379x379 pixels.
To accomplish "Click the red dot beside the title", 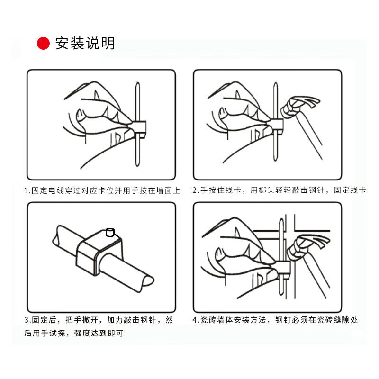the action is pos(43,44).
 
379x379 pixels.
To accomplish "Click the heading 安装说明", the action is pos(85,44).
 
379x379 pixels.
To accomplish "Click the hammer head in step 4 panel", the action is pos(309,247).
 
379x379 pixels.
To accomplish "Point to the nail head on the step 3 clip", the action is pos(110,232).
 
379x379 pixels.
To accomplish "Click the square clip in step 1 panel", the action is pos(139,128).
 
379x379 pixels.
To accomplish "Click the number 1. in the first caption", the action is pos(27,191).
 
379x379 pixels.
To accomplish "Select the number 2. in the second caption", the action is pos(196,190).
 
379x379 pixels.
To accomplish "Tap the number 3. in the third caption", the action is pos(27,320).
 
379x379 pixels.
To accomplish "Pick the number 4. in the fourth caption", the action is pos(196,320).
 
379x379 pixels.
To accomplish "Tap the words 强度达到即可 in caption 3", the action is pos(99,334).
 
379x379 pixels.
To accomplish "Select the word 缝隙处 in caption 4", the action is pos(345,320).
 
